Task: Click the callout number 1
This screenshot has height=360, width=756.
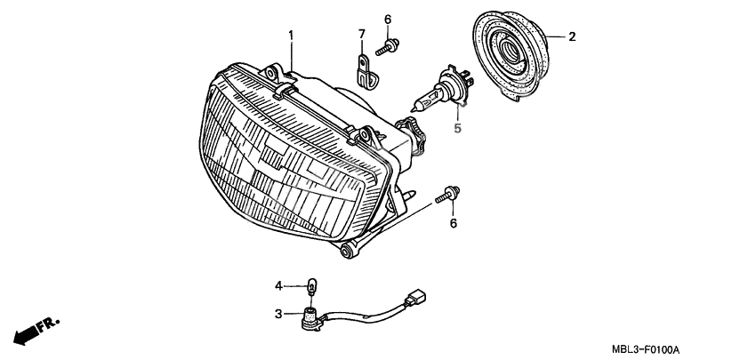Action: click(291, 36)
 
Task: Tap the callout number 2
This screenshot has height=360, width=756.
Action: click(572, 36)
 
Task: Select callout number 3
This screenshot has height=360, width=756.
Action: click(278, 314)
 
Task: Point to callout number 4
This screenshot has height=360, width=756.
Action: click(278, 286)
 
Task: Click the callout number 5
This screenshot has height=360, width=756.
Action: click(457, 128)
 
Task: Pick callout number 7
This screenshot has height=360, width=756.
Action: click(362, 34)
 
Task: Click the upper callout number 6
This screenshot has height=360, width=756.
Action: click(388, 20)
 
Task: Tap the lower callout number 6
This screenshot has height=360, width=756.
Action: click(454, 224)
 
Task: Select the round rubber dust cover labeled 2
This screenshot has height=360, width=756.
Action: click(511, 54)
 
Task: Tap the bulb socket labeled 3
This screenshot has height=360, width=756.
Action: click(310, 318)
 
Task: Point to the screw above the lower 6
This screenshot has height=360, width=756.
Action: click(447, 195)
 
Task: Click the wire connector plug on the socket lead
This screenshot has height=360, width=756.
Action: click(415, 297)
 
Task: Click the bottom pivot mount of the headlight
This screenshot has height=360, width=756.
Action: click(347, 251)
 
